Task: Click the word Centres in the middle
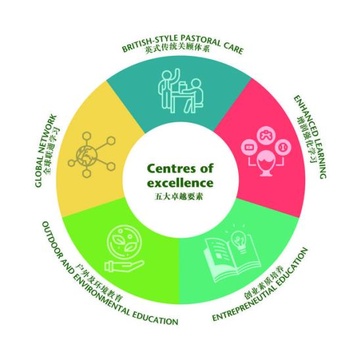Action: click(x=170, y=169)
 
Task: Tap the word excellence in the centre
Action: click(x=180, y=183)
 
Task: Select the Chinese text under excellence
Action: click(x=179, y=196)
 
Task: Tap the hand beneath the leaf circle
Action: click(x=124, y=266)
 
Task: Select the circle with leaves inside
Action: click(x=124, y=241)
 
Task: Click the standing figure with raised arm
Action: click(x=169, y=89)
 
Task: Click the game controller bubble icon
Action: click(x=266, y=135)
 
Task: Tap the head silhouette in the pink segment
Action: click(x=266, y=163)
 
